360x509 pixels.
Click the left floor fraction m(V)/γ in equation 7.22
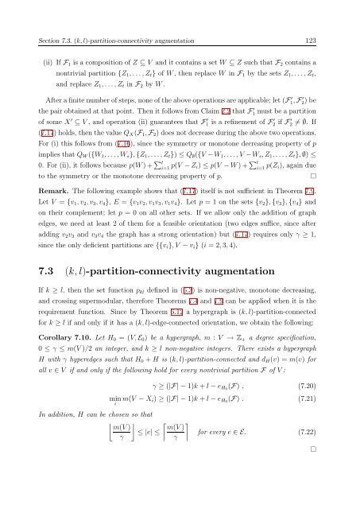133,461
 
